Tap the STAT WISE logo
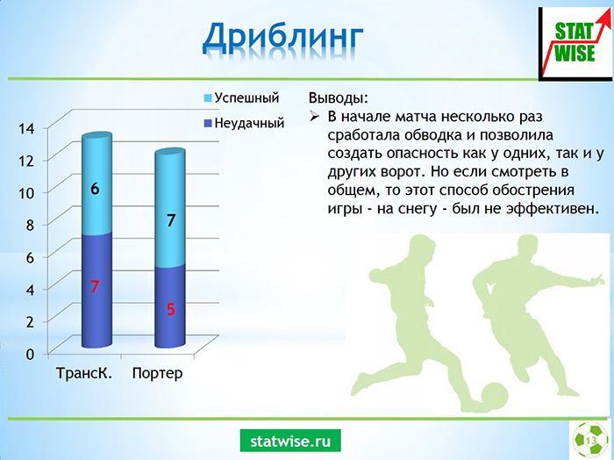[575, 44]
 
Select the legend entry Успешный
[241, 97]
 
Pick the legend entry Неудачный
[244, 123]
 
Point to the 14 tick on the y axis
[26, 128]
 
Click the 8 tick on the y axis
[30, 225]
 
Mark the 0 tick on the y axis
[30, 354]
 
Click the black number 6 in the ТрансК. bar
[95, 189]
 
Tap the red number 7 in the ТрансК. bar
[95, 287]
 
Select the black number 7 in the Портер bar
[171, 220]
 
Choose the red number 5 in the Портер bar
[171, 309]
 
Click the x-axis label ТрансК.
[84, 372]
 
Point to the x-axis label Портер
[157, 373]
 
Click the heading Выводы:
[339, 98]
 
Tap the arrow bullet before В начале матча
[314, 117]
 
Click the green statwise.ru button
[290, 441]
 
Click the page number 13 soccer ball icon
[591, 440]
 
